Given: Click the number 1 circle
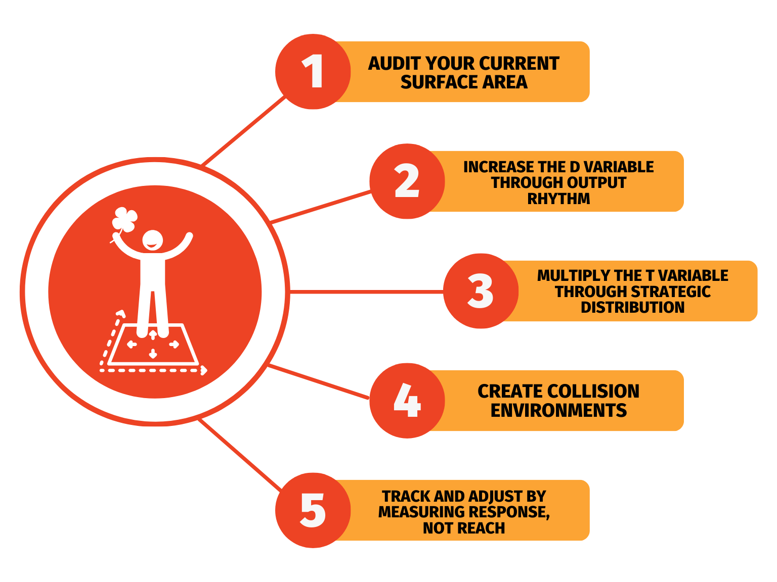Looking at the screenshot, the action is pos(313,72).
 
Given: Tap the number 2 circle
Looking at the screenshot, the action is pos(407,181).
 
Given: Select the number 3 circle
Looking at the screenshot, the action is pos(481,291).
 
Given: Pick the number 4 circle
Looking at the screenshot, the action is pos(407,401).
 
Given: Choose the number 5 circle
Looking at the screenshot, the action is pos(313,510).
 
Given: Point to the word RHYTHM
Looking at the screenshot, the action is pos(558,199).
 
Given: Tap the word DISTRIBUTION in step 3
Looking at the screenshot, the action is pos(632,307).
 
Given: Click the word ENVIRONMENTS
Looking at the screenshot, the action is pos(558,410).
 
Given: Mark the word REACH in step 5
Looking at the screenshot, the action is pos(483,528).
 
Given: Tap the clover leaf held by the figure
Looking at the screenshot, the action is pos(124,219).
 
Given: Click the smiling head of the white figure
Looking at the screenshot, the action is pos(152,240).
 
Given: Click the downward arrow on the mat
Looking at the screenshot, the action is pos(153,354).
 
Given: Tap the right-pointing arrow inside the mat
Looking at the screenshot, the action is pos(174,344).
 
